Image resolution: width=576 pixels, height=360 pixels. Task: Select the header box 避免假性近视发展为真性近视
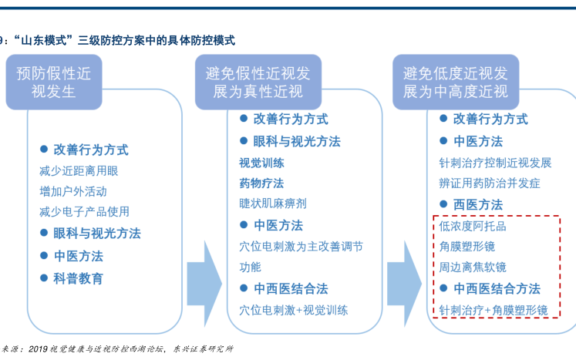(x=258, y=82)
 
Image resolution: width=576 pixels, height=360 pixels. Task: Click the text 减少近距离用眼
(x=79, y=170)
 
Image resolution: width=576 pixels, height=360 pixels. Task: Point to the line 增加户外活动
(x=73, y=190)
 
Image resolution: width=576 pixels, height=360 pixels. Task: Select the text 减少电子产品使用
(x=84, y=211)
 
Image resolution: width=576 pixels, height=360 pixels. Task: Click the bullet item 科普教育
(x=78, y=278)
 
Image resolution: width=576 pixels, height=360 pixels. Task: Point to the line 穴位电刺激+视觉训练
(x=293, y=310)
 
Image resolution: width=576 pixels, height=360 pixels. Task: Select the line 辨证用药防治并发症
(x=490, y=183)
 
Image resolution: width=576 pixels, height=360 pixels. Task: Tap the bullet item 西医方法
(x=477, y=204)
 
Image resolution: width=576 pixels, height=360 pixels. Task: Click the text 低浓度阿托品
(x=473, y=227)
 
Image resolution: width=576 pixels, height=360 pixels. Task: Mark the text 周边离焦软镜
(x=473, y=267)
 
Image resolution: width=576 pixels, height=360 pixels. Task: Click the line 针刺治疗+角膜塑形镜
(x=493, y=310)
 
